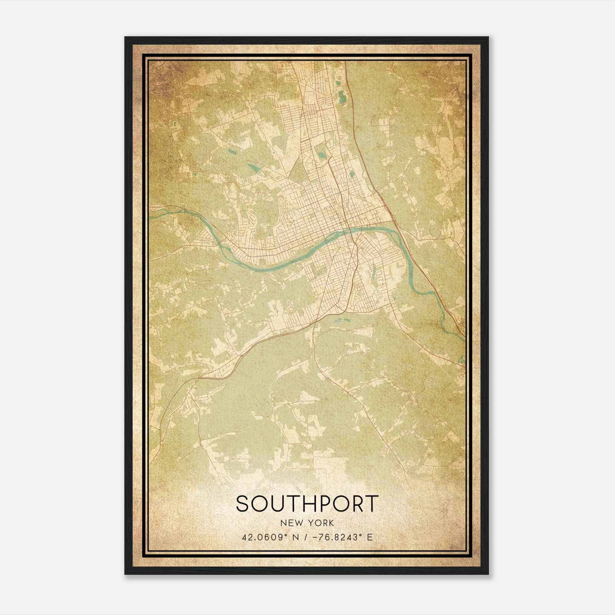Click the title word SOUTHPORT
pos(307,504)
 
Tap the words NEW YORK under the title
pos(307,523)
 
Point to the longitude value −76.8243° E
pos(339,537)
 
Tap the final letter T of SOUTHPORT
pos(372,504)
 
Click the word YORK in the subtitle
pos(324,523)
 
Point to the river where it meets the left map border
pos(150,209)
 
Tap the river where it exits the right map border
pos(464,336)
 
